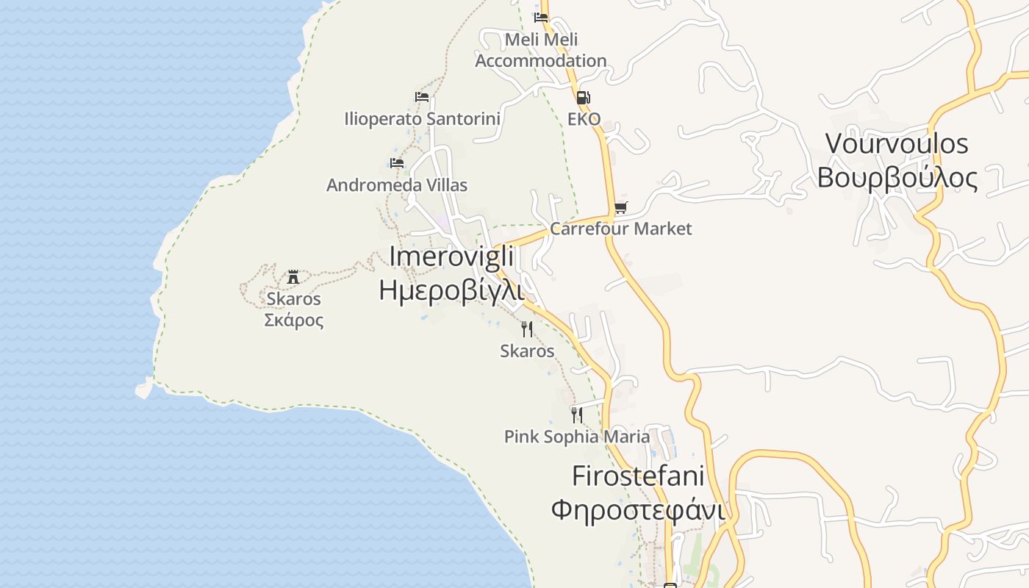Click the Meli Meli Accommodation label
click(x=541, y=50)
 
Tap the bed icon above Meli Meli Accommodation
click(x=542, y=17)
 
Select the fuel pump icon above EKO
click(x=583, y=97)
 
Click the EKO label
click(x=584, y=119)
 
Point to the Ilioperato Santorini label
click(x=422, y=118)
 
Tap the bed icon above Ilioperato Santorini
click(x=422, y=96)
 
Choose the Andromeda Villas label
click(x=397, y=185)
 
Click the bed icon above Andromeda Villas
click(x=397, y=162)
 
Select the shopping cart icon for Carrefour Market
click(x=621, y=208)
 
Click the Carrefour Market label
click(x=621, y=229)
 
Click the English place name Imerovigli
click(x=451, y=256)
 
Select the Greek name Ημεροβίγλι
click(x=451, y=290)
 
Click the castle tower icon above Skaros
click(x=293, y=277)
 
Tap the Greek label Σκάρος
click(x=294, y=320)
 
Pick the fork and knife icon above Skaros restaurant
click(x=527, y=329)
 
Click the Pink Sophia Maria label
click(x=577, y=437)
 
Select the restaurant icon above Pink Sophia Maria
click(x=577, y=415)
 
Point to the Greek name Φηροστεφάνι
click(x=638, y=509)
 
